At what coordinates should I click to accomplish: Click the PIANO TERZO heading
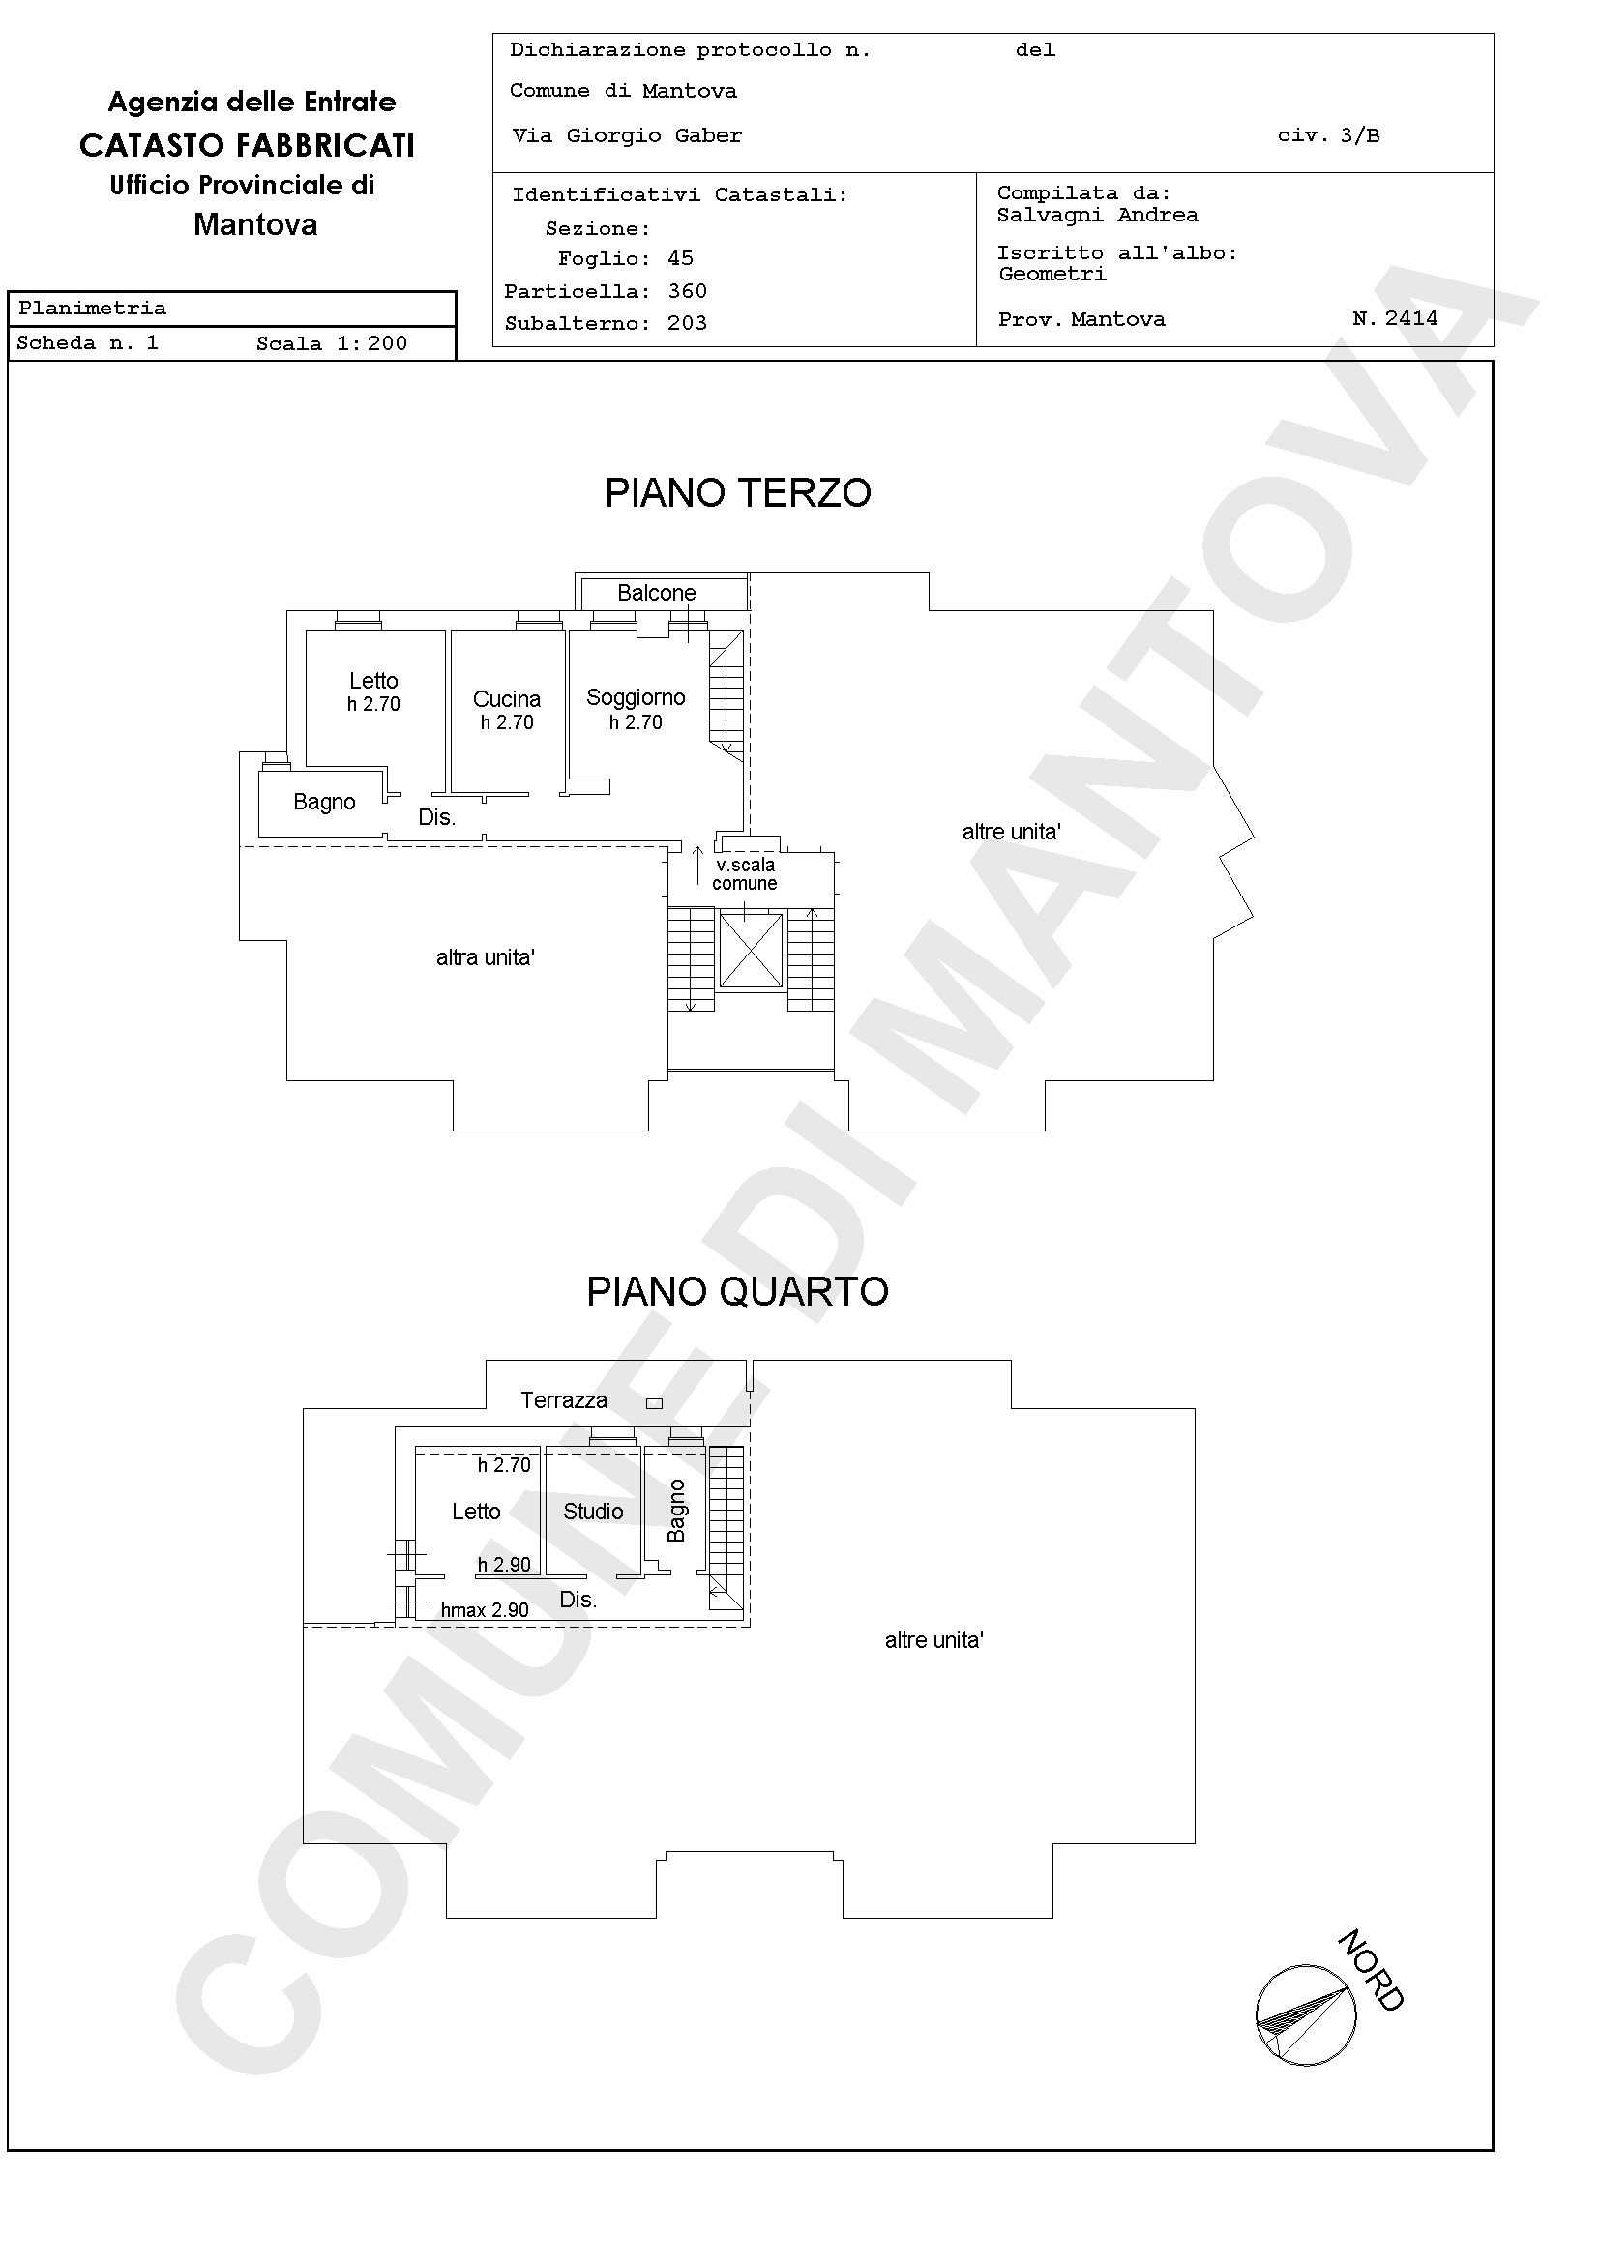coord(737,493)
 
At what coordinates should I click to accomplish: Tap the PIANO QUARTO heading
coord(737,1291)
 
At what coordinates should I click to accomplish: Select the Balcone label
coord(657,593)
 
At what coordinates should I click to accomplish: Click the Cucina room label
coord(507,699)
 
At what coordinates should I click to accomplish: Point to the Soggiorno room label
coord(636,698)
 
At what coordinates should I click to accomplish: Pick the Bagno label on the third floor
coord(324,803)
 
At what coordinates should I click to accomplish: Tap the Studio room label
coord(593,1511)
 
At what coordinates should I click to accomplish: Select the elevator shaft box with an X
coord(752,950)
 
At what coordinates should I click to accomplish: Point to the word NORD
coord(1371,1971)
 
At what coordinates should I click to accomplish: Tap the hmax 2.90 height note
coord(485,1610)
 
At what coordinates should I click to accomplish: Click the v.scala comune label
coord(745,874)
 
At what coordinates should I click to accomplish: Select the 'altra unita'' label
coord(485,957)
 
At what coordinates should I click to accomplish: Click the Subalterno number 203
coord(687,323)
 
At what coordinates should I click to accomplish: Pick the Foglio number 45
coord(680,258)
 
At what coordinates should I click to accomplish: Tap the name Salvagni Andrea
coord(1097,215)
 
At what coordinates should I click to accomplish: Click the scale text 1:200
coord(371,343)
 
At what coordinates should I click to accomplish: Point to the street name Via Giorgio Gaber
coord(627,136)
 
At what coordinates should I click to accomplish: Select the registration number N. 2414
coord(1395,318)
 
